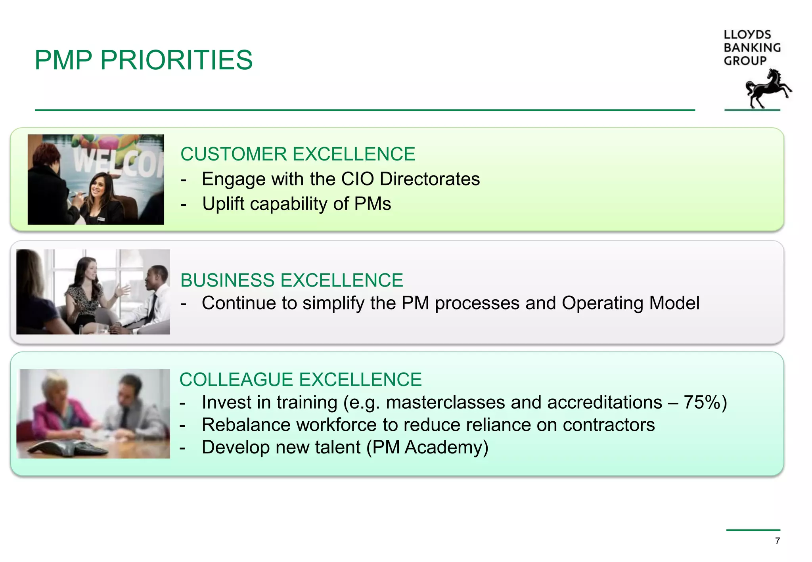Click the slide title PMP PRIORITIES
click(x=144, y=60)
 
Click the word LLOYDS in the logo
click(x=747, y=35)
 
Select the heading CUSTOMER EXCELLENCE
click(x=298, y=154)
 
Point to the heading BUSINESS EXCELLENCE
click(x=291, y=280)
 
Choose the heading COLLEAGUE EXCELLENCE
click(x=301, y=379)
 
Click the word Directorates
click(x=430, y=179)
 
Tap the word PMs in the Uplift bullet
click(x=372, y=204)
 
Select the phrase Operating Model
click(x=630, y=303)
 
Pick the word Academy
click(x=446, y=447)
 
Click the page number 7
click(x=777, y=541)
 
